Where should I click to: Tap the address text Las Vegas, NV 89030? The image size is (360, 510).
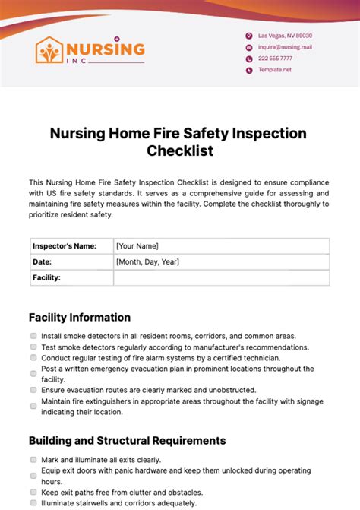285,36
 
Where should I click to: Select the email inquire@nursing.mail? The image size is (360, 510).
285,47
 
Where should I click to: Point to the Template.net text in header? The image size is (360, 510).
275,70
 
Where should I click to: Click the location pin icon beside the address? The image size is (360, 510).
248,36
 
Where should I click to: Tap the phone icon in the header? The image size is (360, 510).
248,59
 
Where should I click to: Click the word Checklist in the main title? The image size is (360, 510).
179,150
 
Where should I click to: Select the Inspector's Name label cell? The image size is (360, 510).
71,245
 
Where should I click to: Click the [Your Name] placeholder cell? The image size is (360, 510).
220,245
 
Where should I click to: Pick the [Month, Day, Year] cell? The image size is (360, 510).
220,261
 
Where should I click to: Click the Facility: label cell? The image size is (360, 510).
71,277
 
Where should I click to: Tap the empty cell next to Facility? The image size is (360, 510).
220,277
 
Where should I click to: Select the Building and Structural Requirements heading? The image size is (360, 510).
127,440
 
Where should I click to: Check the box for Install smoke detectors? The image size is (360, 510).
33,336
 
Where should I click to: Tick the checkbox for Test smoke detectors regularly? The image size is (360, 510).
33,347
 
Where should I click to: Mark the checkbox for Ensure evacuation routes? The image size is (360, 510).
33,390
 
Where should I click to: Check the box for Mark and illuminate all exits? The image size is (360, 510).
33,460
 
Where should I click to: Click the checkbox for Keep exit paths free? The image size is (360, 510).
33,492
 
